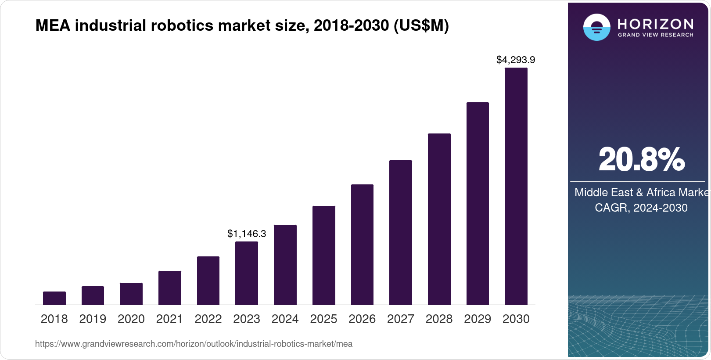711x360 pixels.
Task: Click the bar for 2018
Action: [x=54, y=298]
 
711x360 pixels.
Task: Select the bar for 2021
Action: [x=170, y=288]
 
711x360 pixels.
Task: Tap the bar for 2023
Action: [x=247, y=273]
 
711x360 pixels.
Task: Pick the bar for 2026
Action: [x=362, y=245]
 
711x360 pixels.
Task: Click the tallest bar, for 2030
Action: [x=516, y=186]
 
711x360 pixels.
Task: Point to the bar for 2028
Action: [x=439, y=219]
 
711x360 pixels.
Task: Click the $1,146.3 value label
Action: [x=247, y=234]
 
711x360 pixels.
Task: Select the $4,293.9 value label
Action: [x=516, y=60]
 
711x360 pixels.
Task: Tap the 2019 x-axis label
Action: [x=93, y=319]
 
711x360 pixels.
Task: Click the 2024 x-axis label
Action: [x=285, y=319]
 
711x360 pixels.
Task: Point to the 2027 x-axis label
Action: [x=401, y=319]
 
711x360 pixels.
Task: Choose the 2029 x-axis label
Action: [x=478, y=319]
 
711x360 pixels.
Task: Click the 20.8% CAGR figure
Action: [x=641, y=160]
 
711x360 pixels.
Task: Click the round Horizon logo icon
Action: [x=596, y=27]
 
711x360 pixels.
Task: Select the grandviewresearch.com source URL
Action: [x=194, y=344]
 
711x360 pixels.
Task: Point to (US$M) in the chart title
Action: [x=421, y=26]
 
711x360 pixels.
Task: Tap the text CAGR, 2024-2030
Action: [x=641, y=208]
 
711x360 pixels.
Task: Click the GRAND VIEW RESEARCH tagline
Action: [x=655, y=35]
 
